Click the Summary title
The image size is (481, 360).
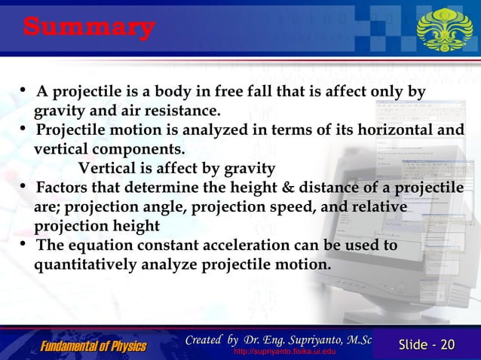click(x=89, y=28)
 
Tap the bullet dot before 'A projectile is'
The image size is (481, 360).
click(x=26, y=92)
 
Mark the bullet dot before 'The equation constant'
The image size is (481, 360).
click(x=26, y=246)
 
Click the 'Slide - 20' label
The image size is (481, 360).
click(x=427, y=345)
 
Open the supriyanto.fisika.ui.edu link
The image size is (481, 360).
click(x=279, y=352)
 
